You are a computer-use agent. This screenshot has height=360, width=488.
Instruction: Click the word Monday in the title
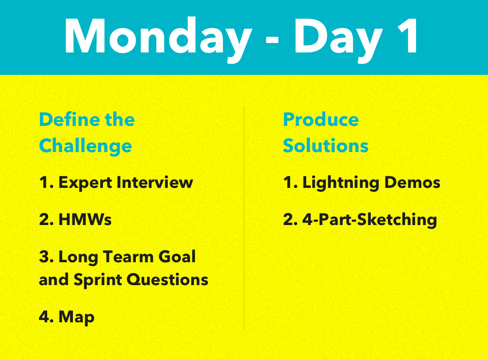coord(157,37)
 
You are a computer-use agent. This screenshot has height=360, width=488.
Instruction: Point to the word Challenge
coord(85,146)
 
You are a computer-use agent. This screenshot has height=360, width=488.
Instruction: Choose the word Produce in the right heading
coord(321,119)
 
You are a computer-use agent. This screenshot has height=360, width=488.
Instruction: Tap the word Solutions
coord(325,145)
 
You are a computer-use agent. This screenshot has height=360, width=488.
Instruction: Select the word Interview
coord(155,182)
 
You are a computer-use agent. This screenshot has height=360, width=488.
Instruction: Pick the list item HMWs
coord(85,220)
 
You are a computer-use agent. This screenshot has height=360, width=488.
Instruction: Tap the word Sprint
coord(94,280)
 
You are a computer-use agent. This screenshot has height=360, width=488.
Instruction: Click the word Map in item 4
coord(76,317)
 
